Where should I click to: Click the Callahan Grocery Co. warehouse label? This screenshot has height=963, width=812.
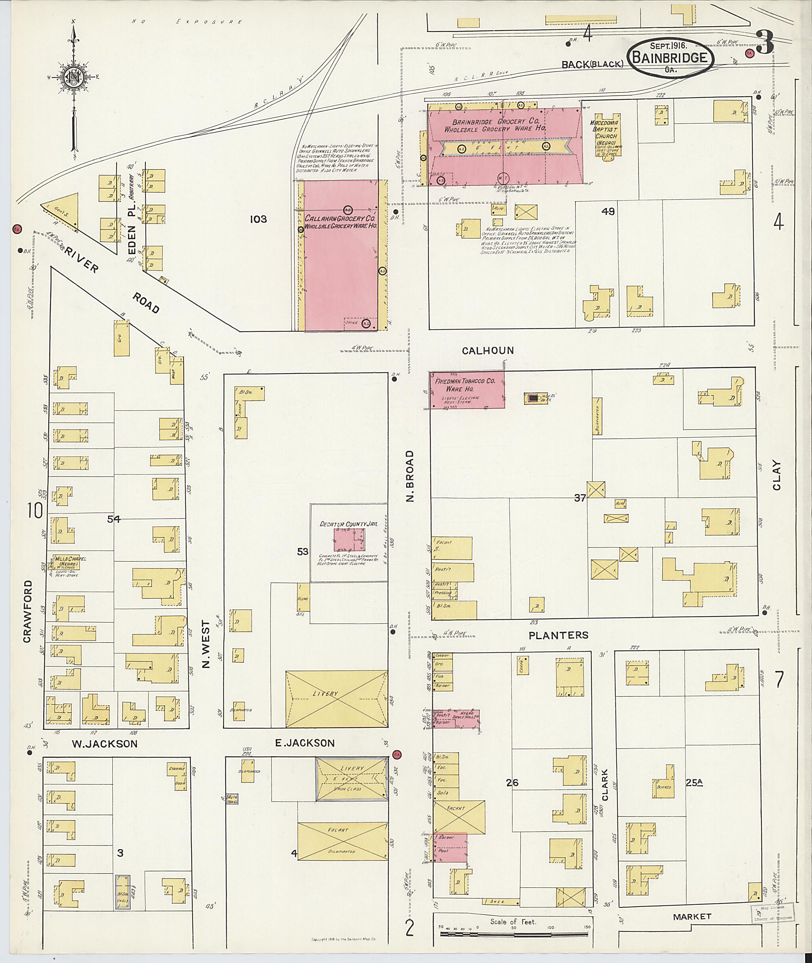[340, 222]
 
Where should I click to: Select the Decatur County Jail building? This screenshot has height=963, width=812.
[349, 540]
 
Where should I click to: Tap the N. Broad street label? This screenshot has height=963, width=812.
[411, 475]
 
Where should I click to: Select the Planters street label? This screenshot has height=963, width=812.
[558, 635]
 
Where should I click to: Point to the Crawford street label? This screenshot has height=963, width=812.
[28, 611]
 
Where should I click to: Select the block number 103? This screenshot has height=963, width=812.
[258, 220]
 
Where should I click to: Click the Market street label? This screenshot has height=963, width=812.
[692, 917]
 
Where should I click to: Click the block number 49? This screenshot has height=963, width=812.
[608, 212]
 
